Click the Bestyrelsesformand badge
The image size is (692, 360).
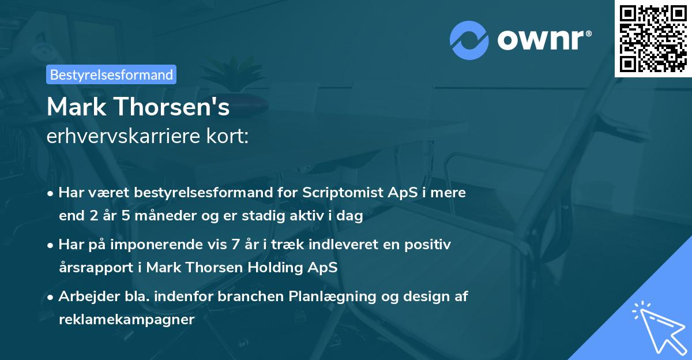coord(111,74)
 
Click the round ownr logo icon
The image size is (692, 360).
coord(469,39)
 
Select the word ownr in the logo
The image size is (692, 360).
coord(543,40)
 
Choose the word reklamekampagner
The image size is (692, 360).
coord(127,320)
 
